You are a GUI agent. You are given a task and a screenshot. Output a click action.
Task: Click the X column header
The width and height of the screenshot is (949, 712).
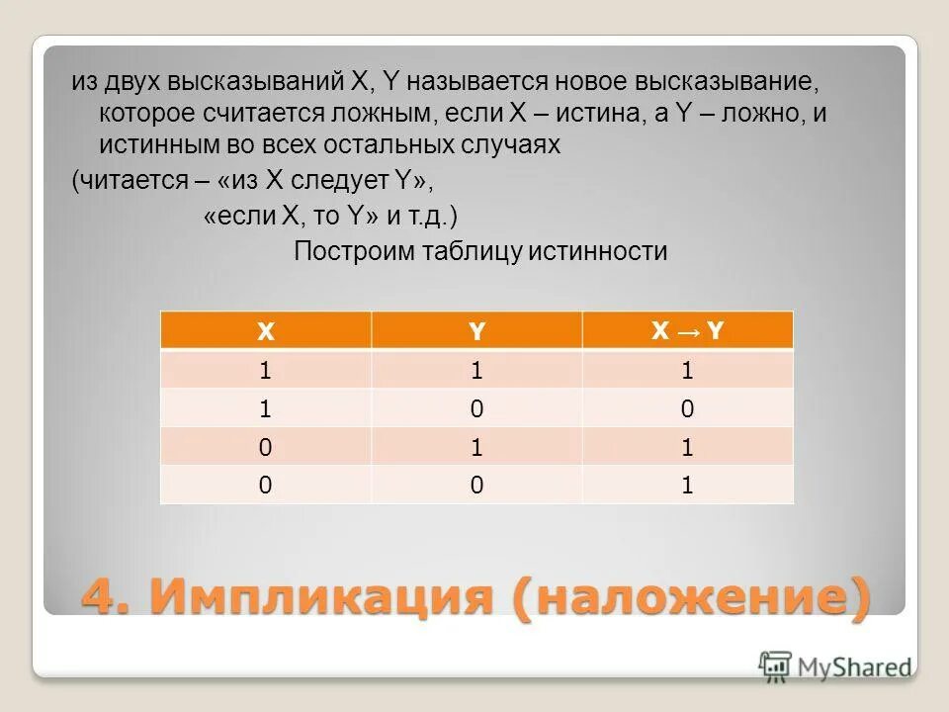click(265, 330)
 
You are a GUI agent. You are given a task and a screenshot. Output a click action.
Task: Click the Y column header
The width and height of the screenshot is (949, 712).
click(476, 330)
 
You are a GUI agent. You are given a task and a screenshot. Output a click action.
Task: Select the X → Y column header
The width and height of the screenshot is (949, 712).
click(688, 330)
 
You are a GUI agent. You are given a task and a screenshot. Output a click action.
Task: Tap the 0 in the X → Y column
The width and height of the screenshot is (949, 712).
click(688, 408)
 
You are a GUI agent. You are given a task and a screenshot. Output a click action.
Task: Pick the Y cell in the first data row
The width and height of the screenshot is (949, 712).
click(476, 371)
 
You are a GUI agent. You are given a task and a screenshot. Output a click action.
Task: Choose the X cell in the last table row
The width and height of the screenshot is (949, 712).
click(265, 485)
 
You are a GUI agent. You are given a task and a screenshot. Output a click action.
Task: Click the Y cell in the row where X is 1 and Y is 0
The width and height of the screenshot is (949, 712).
click(476, 408)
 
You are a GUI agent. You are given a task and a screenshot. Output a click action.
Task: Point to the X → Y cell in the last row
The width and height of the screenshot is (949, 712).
click(688, 485)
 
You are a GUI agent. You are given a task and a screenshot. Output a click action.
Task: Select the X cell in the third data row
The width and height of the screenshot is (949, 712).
click(265, 447)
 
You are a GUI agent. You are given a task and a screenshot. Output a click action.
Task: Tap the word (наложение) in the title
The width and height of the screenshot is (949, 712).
click(692, 598)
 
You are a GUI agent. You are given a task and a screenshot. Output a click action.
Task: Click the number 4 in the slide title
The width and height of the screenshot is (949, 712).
click(103, 598)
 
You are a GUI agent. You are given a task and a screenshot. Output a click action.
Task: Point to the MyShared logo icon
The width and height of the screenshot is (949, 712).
click(776, 666)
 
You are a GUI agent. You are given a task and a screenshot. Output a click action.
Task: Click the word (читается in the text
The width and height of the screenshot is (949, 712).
click(120, 181)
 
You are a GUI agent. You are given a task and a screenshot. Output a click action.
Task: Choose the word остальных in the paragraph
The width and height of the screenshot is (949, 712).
click(388, 145)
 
